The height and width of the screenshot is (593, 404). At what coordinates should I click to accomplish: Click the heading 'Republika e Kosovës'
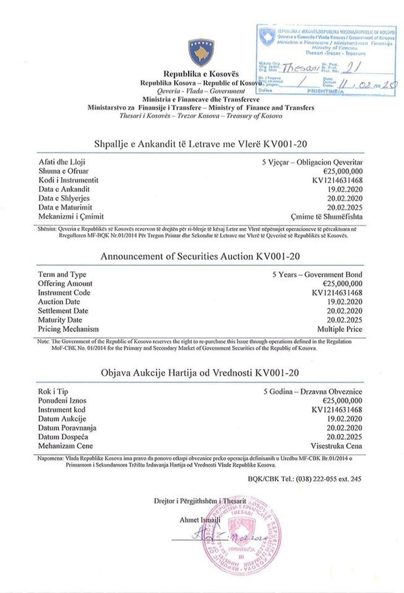tap(201, 74)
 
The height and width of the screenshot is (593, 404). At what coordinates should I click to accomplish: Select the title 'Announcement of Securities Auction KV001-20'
tap(200, 256)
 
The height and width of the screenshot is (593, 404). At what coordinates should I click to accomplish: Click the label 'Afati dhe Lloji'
tap(62, 162)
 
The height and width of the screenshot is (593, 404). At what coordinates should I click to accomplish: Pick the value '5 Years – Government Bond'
tap(317, 274)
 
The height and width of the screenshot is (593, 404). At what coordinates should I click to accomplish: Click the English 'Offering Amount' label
tap(65, 284)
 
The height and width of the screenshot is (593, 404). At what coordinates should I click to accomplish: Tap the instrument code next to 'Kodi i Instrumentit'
tap(338, 180)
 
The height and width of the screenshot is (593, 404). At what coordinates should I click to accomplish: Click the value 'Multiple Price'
tap(340, 329)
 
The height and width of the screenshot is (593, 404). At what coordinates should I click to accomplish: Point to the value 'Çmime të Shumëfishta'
tap(326, 216)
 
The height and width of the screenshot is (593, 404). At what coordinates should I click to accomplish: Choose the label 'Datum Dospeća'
tap(63, 437)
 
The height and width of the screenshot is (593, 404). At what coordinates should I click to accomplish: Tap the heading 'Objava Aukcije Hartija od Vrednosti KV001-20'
tap(200, 373)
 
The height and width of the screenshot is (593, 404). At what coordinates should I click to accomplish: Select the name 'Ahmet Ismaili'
tap(200, 520)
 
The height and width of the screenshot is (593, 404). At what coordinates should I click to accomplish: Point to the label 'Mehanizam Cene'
tap(66, 446)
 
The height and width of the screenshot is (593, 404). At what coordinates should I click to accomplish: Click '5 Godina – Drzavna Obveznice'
tap(313, 391)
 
